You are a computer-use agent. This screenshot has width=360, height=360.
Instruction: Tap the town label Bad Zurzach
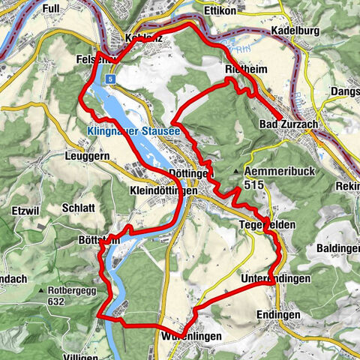tap(289, 123)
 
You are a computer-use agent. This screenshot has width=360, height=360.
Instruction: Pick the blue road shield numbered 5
tap(110, 78)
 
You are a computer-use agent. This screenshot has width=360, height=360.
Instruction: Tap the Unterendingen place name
tap(275, 279)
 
